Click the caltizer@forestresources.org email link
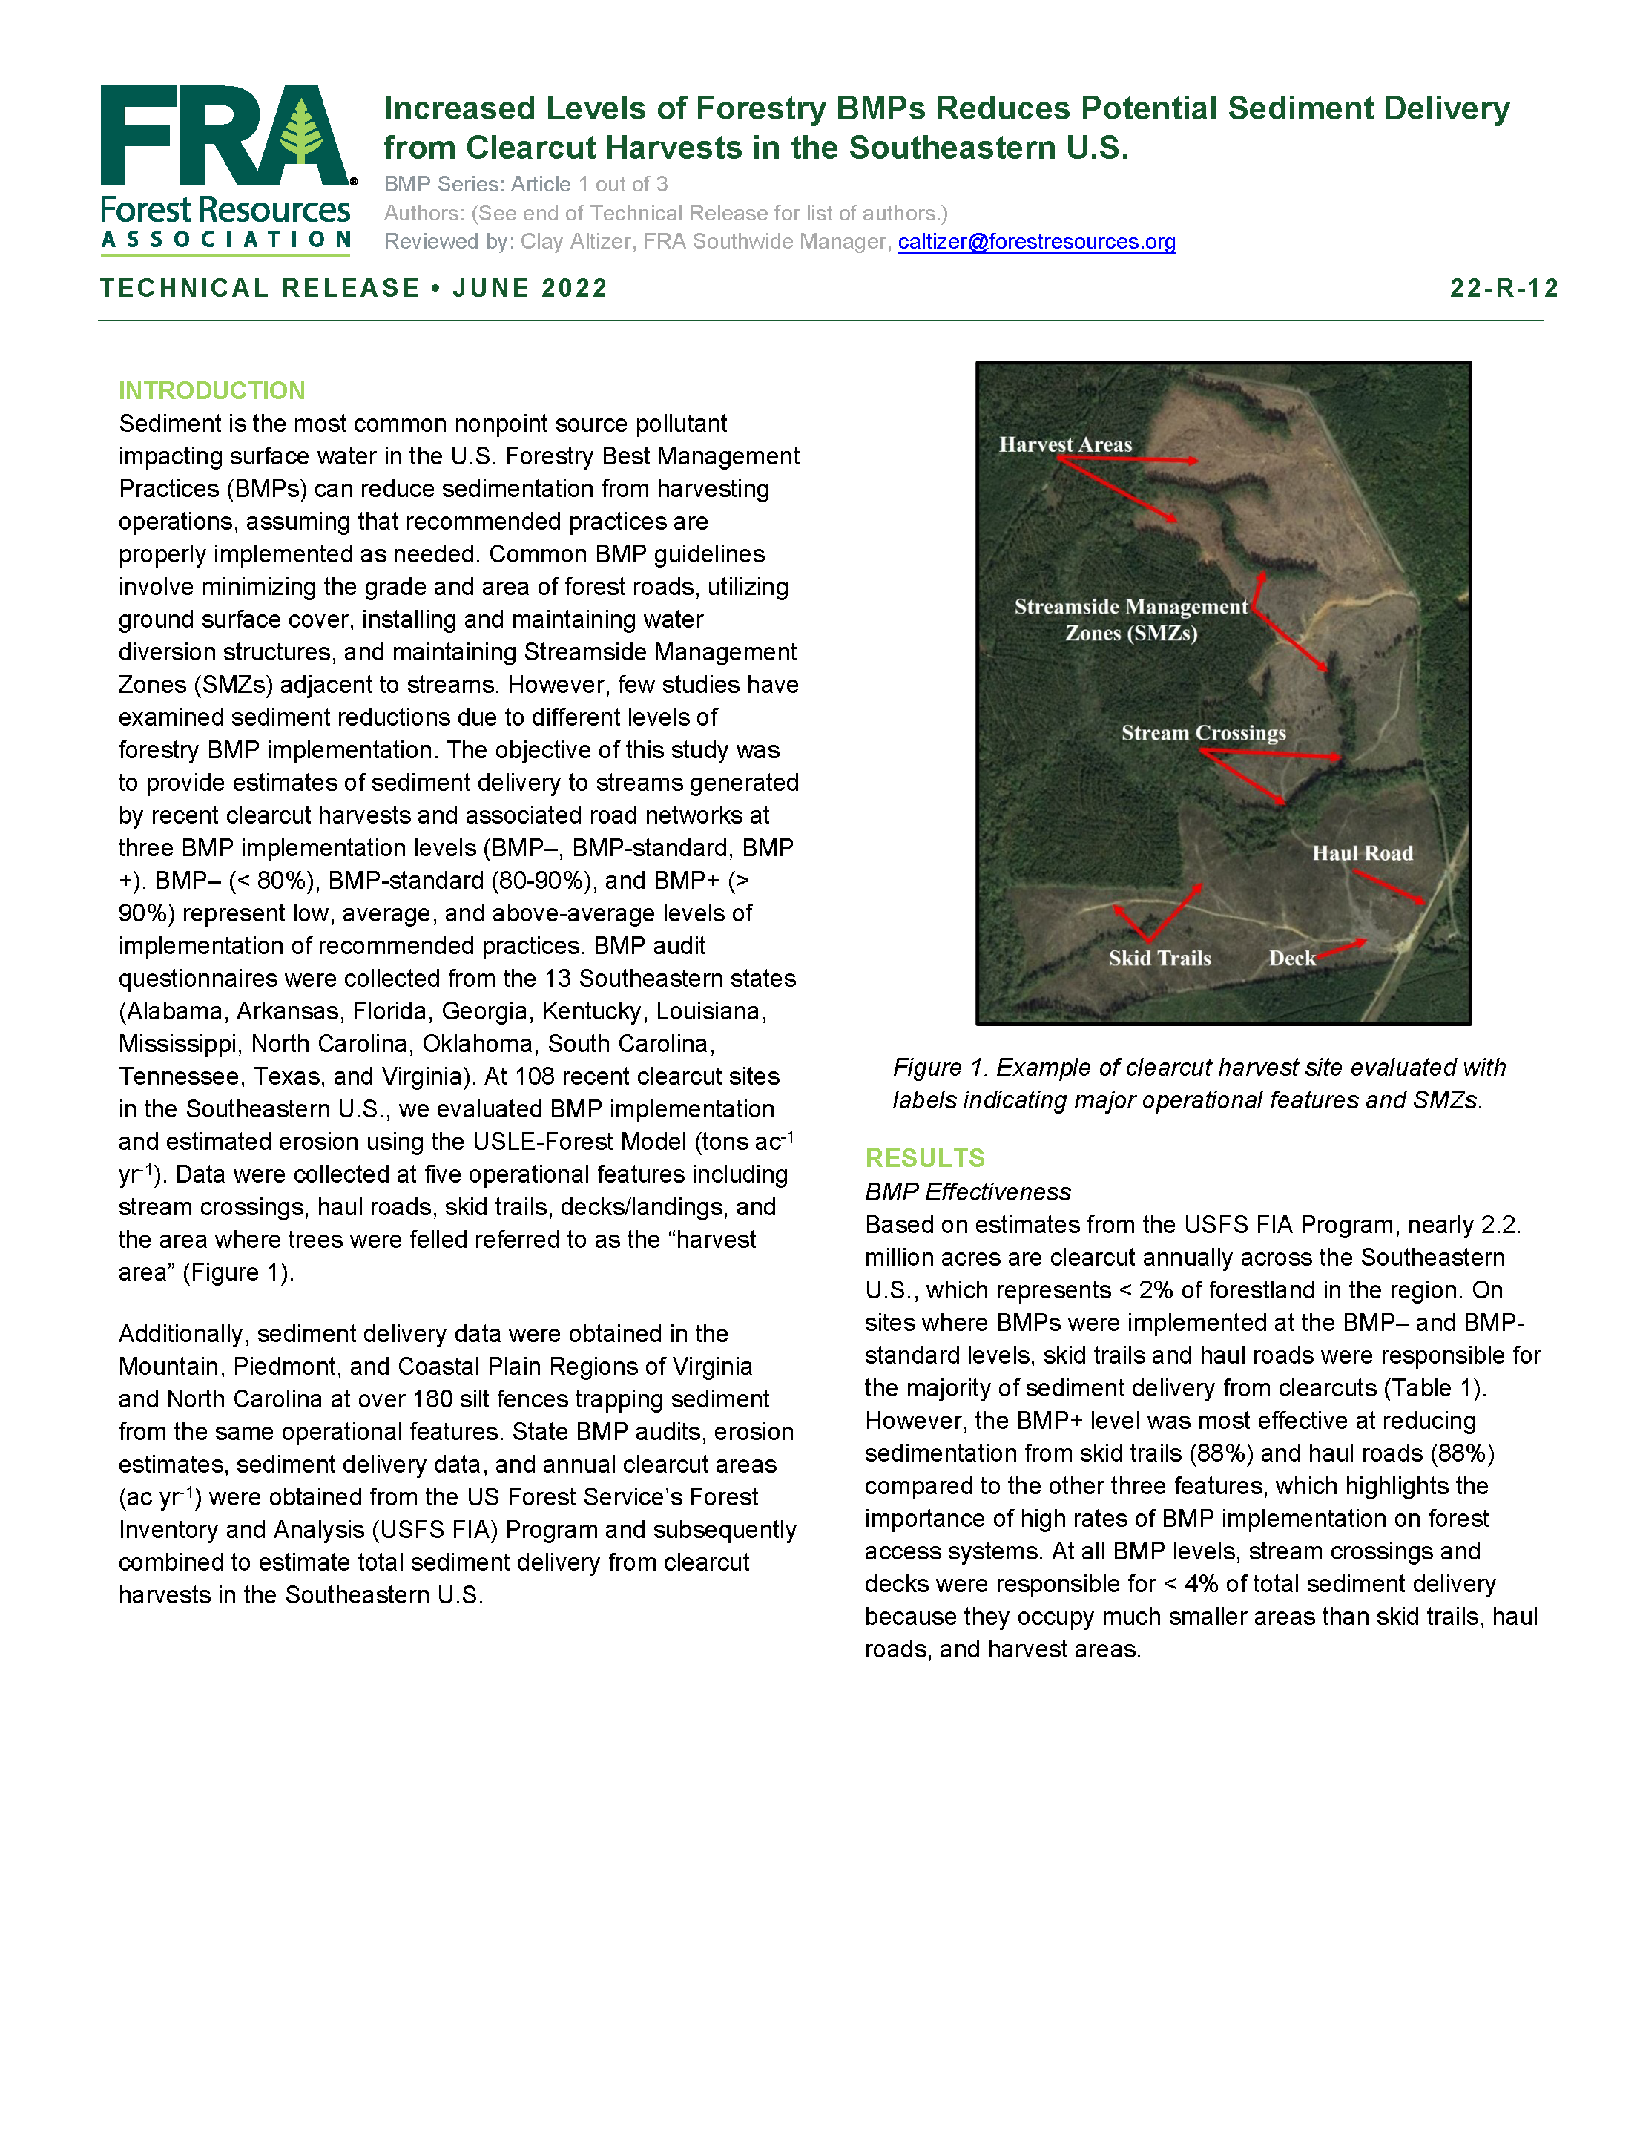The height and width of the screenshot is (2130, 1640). [1035, 241]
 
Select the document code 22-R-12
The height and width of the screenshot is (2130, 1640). [1503, 288]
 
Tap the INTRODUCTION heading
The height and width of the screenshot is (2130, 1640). [211, 390]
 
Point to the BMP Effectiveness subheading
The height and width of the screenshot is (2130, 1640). [967, 1191]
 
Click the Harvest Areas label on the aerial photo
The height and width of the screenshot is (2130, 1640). [1064, 444]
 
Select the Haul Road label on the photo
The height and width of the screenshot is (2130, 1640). [1361, 853]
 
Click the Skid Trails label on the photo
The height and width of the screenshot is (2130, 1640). [1159, 959]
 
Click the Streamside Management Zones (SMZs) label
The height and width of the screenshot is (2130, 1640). [1130, 619]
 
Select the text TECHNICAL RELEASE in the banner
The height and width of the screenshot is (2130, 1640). [260, 288]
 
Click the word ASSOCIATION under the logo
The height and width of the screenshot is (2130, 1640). [225, 240]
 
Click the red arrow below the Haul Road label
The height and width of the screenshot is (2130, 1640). [1389, 887]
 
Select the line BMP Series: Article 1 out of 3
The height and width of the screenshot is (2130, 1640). [526, 184]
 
